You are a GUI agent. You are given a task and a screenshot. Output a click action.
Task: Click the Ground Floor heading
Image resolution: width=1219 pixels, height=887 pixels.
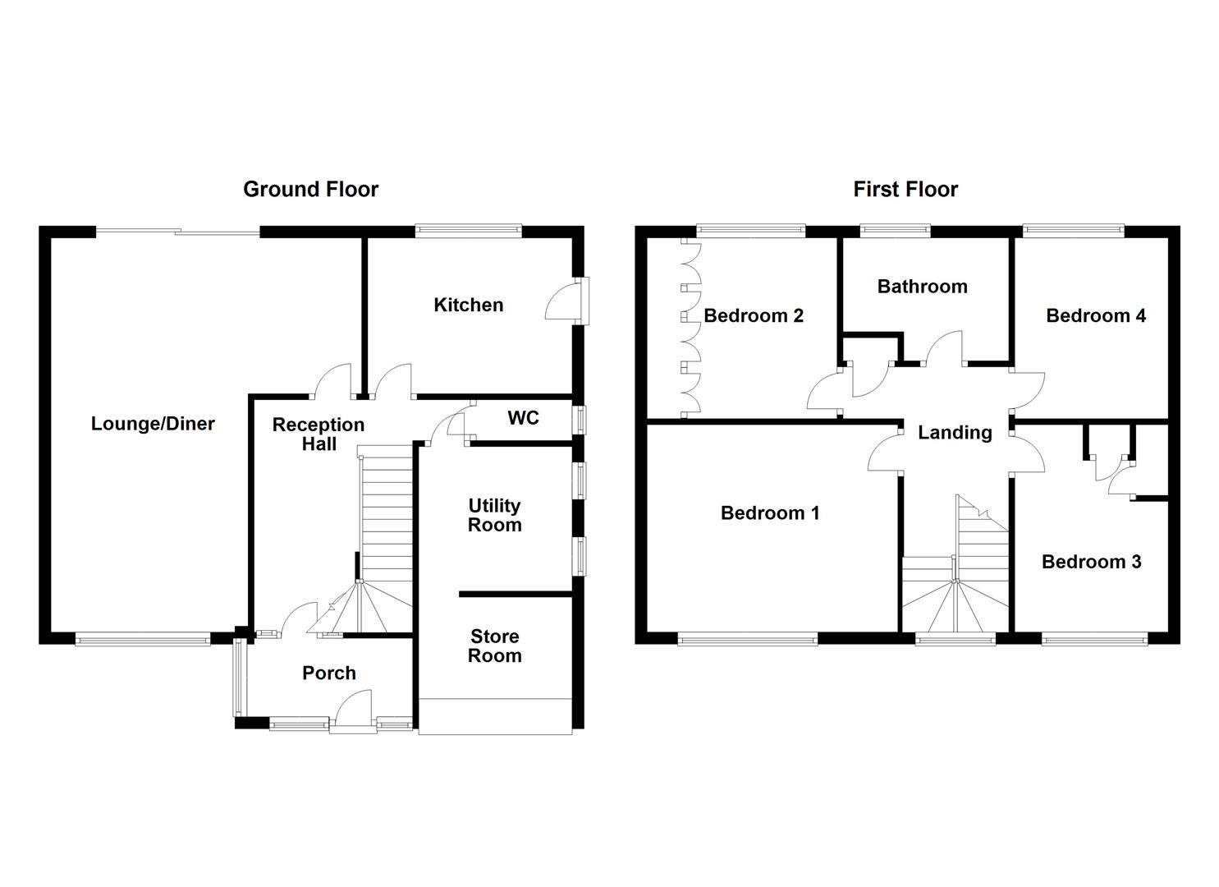pos(310,190)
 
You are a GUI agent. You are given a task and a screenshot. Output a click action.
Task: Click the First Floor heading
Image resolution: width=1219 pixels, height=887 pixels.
pos(905,190)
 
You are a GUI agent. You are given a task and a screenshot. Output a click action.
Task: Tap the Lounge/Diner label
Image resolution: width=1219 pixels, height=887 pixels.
pos(153,424)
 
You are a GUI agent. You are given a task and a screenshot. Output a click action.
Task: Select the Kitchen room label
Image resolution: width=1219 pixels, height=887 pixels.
pos(468,305)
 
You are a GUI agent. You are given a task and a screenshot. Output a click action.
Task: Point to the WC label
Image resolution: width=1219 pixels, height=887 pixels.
pos(523,418)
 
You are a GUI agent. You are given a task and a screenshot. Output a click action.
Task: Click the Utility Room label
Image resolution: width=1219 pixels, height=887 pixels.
pos(494,515)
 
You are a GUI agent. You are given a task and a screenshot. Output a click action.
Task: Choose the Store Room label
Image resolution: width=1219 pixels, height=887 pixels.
pos(494,646)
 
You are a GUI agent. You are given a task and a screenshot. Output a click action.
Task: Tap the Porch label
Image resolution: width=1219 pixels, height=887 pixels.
pos(329,673)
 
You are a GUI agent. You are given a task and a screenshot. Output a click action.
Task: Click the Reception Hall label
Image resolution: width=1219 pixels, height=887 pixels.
pos(318,434)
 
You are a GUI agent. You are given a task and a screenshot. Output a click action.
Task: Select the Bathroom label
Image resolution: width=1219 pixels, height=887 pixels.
pos(922,287)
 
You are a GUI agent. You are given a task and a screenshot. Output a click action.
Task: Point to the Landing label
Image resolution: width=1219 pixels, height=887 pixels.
pos(955,432)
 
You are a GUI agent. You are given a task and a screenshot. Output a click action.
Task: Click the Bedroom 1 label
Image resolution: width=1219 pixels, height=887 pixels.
pos(770,513)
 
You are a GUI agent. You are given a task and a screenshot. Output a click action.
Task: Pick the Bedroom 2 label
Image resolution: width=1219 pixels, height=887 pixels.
pos(754,315)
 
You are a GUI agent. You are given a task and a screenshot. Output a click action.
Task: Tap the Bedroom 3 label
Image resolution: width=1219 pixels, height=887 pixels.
pos(1091,562)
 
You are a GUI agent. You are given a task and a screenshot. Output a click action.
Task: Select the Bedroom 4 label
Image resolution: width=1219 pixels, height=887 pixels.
pos(1096,315)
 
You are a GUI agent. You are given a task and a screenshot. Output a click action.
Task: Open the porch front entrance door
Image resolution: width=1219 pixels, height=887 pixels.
pos(354,711)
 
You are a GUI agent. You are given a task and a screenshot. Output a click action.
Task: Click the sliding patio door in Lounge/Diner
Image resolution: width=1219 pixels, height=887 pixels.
pos(178,232)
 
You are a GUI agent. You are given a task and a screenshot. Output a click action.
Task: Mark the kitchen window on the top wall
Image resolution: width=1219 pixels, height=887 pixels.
pos(469,232)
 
